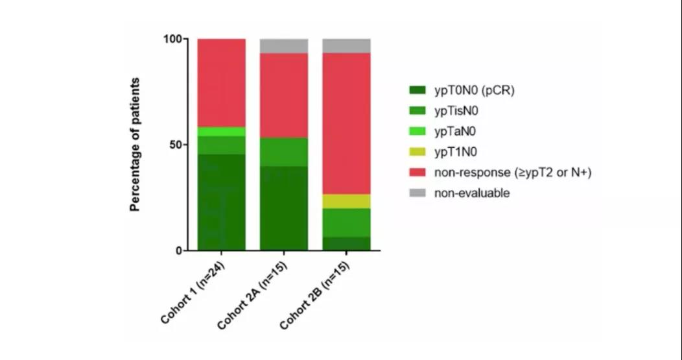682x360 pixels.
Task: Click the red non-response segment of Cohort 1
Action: pos(221,82)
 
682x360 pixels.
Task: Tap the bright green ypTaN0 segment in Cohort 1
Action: pos(221,132)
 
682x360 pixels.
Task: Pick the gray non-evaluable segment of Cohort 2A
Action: pos(284,45)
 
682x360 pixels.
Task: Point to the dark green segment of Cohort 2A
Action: pos(284,208)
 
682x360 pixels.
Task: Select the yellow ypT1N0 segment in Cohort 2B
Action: pos(347,201)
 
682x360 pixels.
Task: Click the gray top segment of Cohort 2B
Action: pos(347,45)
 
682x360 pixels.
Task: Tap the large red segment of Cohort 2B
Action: pos(347,123)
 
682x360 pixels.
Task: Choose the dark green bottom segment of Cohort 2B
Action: pos(347,243)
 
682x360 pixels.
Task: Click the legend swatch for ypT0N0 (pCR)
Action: pos(417,91)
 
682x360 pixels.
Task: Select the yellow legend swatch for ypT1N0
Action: pos(417,152)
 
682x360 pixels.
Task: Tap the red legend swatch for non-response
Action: pos(417,173)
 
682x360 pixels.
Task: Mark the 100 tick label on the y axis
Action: pos(172,39)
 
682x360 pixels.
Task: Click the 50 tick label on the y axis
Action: pos(175,145)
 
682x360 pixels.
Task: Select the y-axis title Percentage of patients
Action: pos(135,145)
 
